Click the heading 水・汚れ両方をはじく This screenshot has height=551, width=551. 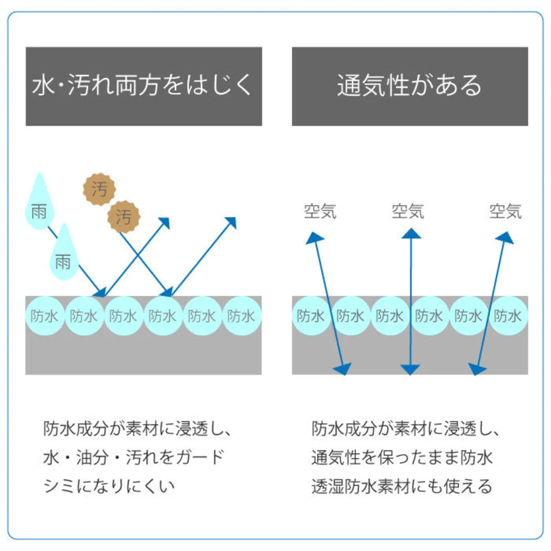click(x=142, y=85)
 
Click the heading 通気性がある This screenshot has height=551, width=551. click(x=409, y=85)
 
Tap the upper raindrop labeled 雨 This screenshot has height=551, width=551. click(x=39, y=201)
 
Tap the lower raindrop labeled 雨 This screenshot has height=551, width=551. click(x=64, y=252)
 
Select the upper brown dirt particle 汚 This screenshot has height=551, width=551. click(x=99, y=189)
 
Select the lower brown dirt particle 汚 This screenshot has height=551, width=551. click(x=124, y=217)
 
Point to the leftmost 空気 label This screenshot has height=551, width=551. click(x=320, y=211)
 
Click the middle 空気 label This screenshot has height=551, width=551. click(x=408, y=211)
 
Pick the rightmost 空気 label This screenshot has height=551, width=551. click(x=505, y=211)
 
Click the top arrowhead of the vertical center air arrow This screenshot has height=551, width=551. click(x=410, y=234)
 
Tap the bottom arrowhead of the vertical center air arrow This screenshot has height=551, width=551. click(x=410, y=370)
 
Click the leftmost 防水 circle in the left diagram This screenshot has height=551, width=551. click(x=45, y=316)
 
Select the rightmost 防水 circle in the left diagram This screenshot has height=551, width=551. click(x=242, y=316)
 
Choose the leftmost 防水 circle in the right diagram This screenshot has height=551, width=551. click(x=311, y=316)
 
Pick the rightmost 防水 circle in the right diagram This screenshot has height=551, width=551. click(x=508, y=316)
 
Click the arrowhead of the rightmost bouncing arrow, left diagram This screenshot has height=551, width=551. click(x=231, y=222)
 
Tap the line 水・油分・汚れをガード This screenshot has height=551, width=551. click(x=134, y=458)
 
